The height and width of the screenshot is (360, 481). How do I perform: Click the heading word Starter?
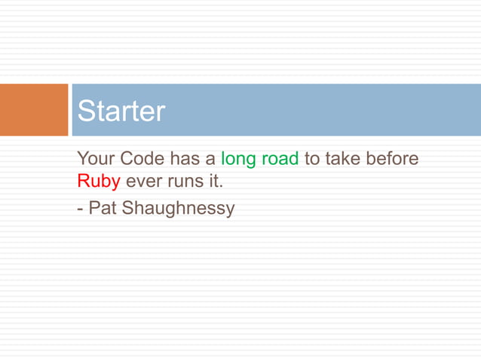click(x=121, y=111)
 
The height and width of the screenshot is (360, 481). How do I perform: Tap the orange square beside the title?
click(x=34, y=110)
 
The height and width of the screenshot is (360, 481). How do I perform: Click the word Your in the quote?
click(x=94, y=160)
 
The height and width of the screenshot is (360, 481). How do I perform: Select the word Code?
click(x=140, y=160)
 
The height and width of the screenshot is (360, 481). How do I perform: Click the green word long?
click(x=237, y=160)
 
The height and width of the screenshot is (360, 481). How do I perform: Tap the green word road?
click(x=280, y=160)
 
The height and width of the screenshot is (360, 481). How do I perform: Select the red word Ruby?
click(x=98, y=182)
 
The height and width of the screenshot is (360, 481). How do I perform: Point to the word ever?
click(x=143, y=182)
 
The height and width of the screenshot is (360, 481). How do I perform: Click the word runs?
click(x=185, y=182)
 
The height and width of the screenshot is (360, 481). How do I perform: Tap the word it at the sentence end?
click(x=214, y=182)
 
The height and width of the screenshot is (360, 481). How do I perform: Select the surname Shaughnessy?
click(x=178, y=207)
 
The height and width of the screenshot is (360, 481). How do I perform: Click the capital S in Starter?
click(x=87, y=111)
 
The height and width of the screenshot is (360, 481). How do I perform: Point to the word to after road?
click(x=311, y=160)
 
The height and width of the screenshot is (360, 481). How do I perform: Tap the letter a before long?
click(x=210, y=160)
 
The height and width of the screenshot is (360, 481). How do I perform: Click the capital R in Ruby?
click(x=83, y=182)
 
